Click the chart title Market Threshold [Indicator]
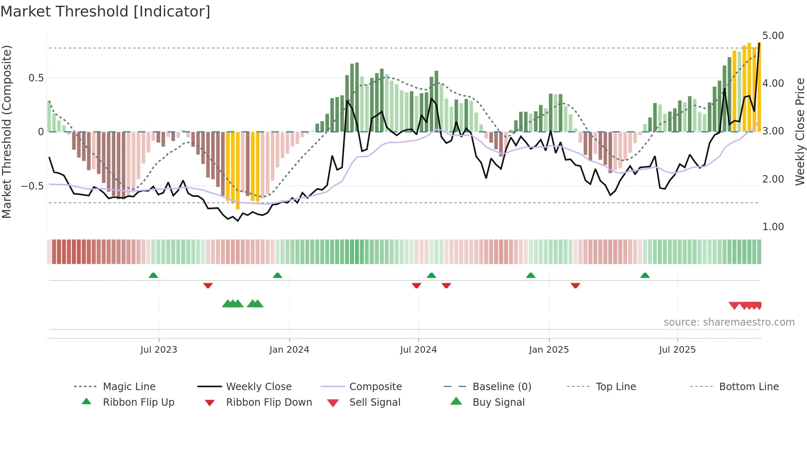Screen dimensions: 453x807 coord(105,12)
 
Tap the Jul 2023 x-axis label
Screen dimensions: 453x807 coord(159,350)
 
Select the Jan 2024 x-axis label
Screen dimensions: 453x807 coord(289,350)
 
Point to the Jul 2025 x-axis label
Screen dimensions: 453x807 coord(677,350)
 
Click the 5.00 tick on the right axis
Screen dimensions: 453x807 coord(773,36)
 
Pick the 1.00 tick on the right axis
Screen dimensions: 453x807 coord(773,227)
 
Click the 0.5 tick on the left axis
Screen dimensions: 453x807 coord(36,78)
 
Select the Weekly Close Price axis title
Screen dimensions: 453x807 coord(800,132)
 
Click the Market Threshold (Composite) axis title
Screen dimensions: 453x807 coord(7,132)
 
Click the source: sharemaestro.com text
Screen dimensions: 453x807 coord(729,322)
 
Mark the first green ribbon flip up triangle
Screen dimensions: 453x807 coord(153,275)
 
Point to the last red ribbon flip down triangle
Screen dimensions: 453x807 coord(575,285)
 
